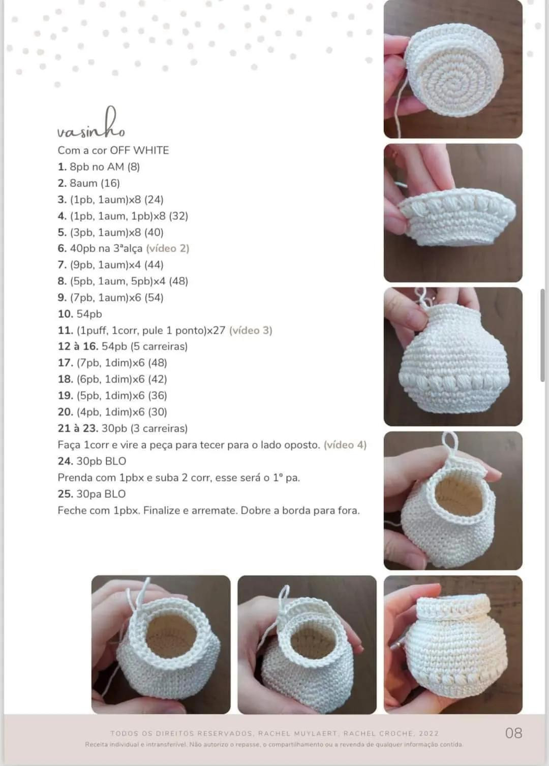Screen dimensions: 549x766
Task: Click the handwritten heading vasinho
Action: pyautogui.click(x=91, y=123)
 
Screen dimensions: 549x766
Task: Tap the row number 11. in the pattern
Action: pyautogui.click(x=66, y=330)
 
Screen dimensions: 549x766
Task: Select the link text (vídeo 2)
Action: pyautogui.click(x=168, y=248)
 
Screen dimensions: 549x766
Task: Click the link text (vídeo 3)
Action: pyautogui.click(x=251, y=330)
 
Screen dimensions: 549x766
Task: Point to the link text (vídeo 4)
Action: pyautogui.click(x=345, y=445)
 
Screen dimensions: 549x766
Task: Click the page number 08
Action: pyautogui.click(x=514, y=733)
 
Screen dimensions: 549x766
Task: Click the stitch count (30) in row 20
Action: pyautogui.click(x=158, y=412)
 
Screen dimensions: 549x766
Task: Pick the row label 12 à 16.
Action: pyautogui.click(x=78, y=346)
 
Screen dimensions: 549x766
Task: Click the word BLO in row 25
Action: pyautogui.click(x=115, y=494)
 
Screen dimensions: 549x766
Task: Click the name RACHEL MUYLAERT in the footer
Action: pyautogui.click(x=298, y=733)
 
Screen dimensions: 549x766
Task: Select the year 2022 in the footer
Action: pyautogui.click(x=429, y=733)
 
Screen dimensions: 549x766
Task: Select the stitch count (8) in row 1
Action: pyautogui.click(x=134, y=167)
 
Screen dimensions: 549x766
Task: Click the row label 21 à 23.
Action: pyautogui.click(x=78, y=429)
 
